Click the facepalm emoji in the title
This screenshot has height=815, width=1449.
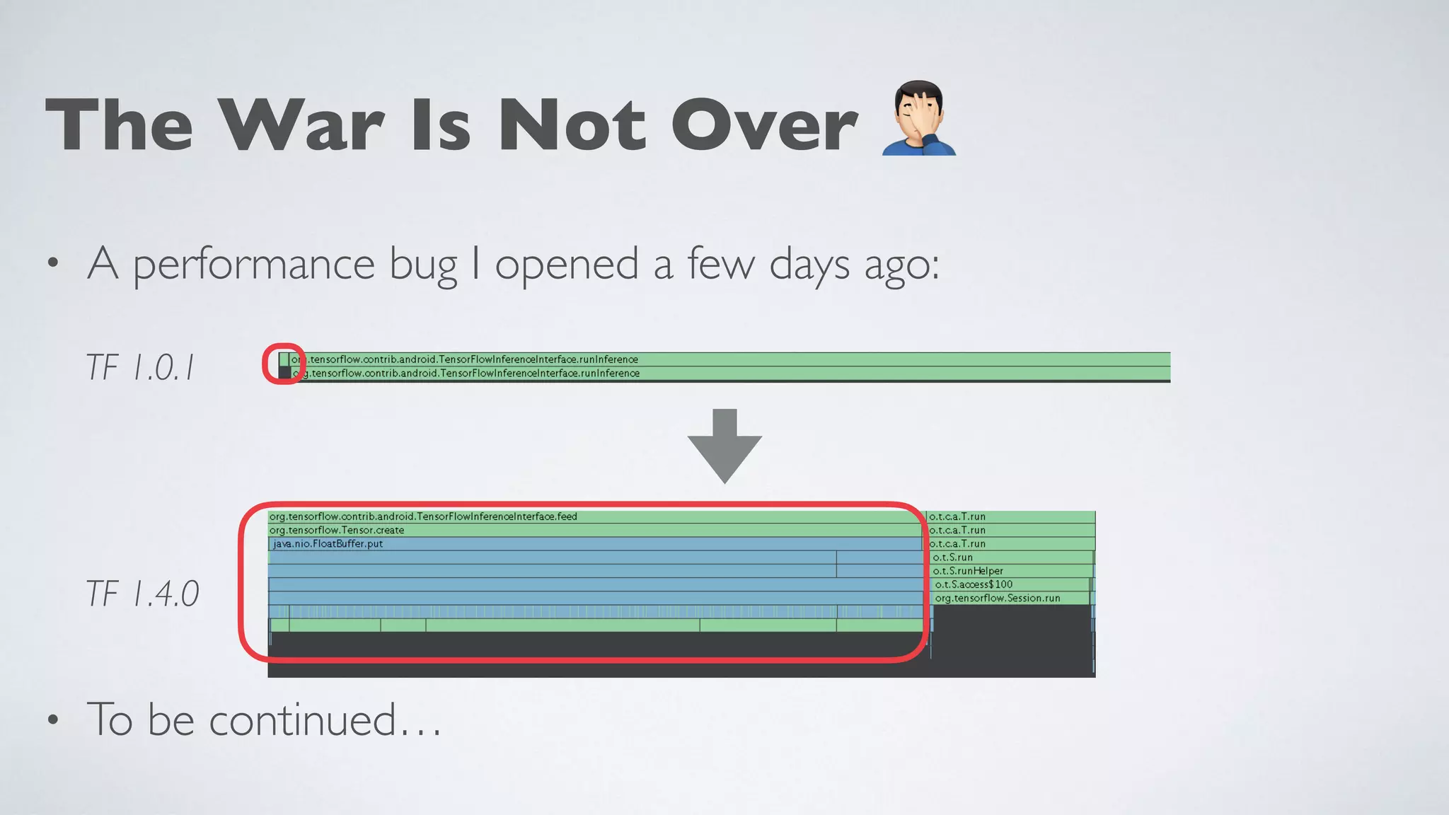(919, 119)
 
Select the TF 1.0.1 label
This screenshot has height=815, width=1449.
(139, 368)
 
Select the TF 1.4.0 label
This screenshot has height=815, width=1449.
(142, 593)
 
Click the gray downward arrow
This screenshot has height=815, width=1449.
(724, 446)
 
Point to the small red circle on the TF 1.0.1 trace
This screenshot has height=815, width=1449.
(284, 364)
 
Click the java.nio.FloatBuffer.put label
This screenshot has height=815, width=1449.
(328, 544)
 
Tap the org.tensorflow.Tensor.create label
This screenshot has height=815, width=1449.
(337, 530)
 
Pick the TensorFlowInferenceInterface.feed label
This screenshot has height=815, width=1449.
(423, 516)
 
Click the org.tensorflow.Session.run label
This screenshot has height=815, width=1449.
(997, 598)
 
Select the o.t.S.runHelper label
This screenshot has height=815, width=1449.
(967, 571)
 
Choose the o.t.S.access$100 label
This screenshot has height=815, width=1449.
(974, 584)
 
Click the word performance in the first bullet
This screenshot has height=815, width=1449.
(253, 265)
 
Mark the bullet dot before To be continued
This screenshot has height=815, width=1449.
(52, 721)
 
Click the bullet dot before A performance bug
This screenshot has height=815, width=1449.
(52, 264)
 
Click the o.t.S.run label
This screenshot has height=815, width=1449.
(952, 557)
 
